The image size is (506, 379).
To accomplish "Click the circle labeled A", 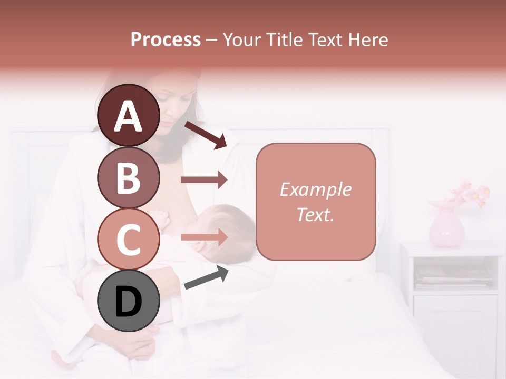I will tap(129, 115).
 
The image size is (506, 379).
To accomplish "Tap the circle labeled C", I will tap(129, 238).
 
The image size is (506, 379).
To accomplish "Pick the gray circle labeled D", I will tap(129, 301).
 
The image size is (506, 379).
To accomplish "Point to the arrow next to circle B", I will tap(204, 180).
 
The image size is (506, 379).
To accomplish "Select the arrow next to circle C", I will tap(204, 237).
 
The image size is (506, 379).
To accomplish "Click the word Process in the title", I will tap(166, 40).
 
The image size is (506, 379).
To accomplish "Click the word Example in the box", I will tap(315, 189).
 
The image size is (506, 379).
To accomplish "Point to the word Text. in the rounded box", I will tap(315, 214).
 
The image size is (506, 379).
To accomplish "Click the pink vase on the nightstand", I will tap(446, 226).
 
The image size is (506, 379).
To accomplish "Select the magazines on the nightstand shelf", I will tap(453, 276).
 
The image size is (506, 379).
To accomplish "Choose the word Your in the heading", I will tap(241, 40).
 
